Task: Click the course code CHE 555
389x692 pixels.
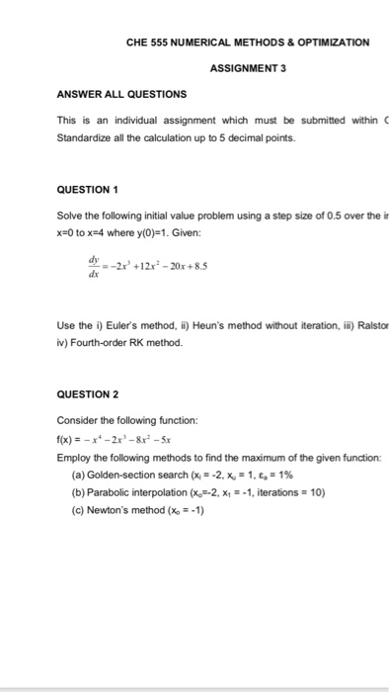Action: pyautogui.click(x=146, y=43)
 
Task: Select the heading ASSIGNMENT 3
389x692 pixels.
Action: pyautogui.click(x=247, y=68)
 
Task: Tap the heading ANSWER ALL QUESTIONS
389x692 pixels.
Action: pyautogui.click(x=121, y=95)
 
